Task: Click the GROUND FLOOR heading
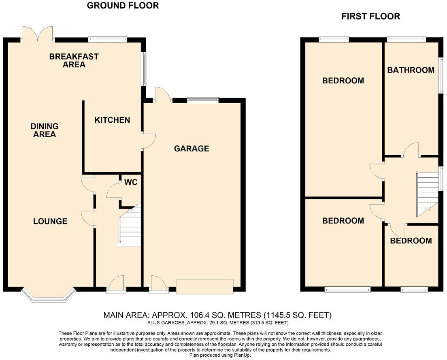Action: [123, 5]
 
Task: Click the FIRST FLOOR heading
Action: [370, 16]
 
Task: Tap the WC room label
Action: [131, 182]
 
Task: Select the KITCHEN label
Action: [112, 120]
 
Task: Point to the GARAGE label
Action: [192, 149]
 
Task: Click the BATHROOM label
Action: [411, 70]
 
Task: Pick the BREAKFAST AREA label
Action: [74, 60]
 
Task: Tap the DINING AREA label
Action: [45, 130]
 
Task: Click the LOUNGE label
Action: [50, 221]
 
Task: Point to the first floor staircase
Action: [427, 194]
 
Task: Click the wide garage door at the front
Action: [205, 286]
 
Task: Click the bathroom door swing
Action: [411, 150]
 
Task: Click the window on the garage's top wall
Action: [203, 100]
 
